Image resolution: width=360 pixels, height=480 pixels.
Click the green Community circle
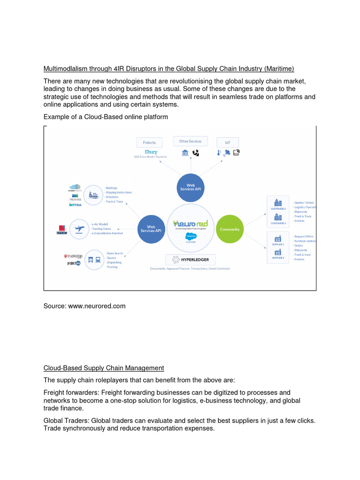pyautogui.click(x=229, y=229)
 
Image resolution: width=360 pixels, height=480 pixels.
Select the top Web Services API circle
pyautogui.click(x=191, y=187)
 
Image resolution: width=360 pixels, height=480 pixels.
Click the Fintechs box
pyautogui.click(x=150, y=142)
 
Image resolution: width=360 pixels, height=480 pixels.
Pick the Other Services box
pyautogui.click(x=190, y=141)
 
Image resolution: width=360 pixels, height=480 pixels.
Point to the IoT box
pyautogui.click(x=227, y=142)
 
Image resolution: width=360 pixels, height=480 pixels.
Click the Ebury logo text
pyautogui.click(x=151, y=152)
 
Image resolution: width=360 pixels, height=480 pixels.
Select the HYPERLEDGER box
pyautogui.click(x=190, y=260)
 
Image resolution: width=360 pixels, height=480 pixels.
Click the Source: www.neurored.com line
pyautogui.click(x=84, y=306)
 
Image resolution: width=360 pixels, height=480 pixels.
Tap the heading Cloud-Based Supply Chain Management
pyautogui.click(x=104, y=368)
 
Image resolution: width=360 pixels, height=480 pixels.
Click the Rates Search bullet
pyautogui.click(x=115, y=253)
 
